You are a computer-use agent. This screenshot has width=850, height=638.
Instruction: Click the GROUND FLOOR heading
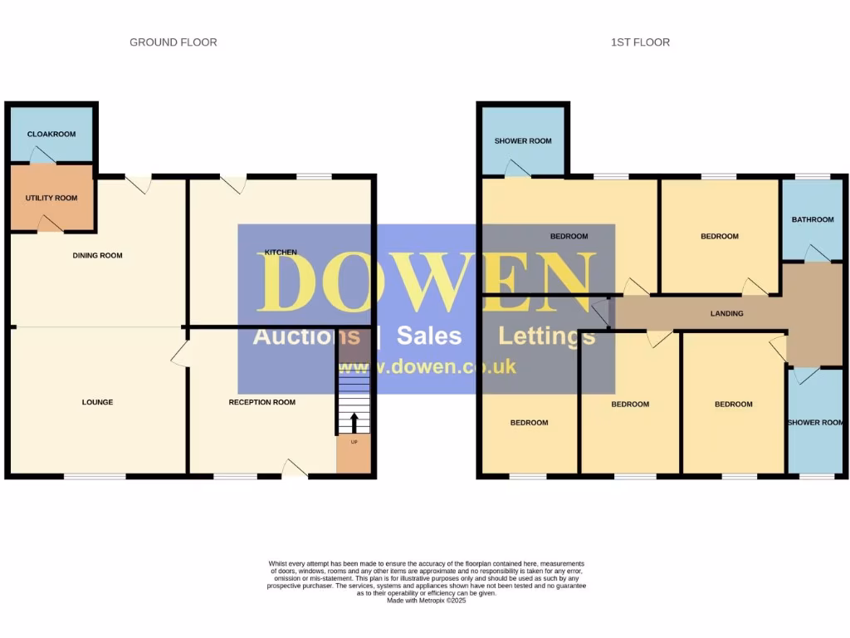pos(173,42)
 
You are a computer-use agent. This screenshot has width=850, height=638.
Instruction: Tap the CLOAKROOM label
pos(51,134)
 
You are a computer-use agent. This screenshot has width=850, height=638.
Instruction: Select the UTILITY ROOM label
pos(51,198)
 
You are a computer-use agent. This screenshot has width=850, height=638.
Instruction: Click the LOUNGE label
pos(97,403)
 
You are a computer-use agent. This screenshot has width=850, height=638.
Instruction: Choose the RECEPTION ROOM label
pos(261,403)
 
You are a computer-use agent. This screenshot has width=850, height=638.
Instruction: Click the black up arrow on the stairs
pos(354,422)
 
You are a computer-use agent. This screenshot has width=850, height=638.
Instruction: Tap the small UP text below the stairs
pos(354,442)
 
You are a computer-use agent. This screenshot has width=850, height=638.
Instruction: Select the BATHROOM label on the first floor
pos(812,220)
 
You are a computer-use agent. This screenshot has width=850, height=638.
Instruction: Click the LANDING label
pos(726,313)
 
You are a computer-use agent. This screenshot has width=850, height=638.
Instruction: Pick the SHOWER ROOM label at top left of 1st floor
pos(523,141)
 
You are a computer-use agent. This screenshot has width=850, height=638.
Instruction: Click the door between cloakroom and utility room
pos(40,155)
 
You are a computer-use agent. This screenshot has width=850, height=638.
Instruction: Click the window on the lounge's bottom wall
pos(95,476)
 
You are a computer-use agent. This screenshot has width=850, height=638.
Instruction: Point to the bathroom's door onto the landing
pos(817,253)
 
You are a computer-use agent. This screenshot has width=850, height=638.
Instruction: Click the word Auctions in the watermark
pos(305,336)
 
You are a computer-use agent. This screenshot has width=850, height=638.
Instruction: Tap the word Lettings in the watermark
pos(546,336)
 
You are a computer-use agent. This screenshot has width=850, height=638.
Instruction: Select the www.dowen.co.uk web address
pos(427,366)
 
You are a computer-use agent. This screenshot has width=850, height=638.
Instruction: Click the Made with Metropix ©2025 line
pos(427,601)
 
